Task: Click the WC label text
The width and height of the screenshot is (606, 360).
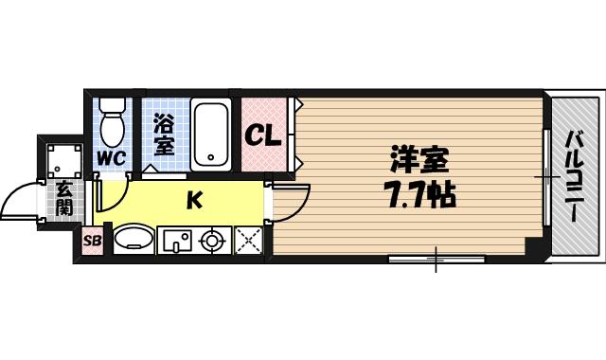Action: pos(111,157)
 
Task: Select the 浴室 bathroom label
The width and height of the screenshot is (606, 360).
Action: pos(163,135)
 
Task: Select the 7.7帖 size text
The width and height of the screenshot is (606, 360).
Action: pos(419,195)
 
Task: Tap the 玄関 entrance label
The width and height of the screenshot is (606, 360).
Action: pos(62,197)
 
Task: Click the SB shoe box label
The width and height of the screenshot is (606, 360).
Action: pos(92,241)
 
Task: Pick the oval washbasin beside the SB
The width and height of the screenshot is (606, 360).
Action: pos(132,240)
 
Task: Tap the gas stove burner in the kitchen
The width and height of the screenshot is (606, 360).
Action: pos(213,242)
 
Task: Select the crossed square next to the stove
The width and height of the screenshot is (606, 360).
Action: pos(248,242)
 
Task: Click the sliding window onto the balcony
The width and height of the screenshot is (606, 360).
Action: pos(546,176)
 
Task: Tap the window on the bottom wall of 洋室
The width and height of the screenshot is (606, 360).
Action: pos(437,257)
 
